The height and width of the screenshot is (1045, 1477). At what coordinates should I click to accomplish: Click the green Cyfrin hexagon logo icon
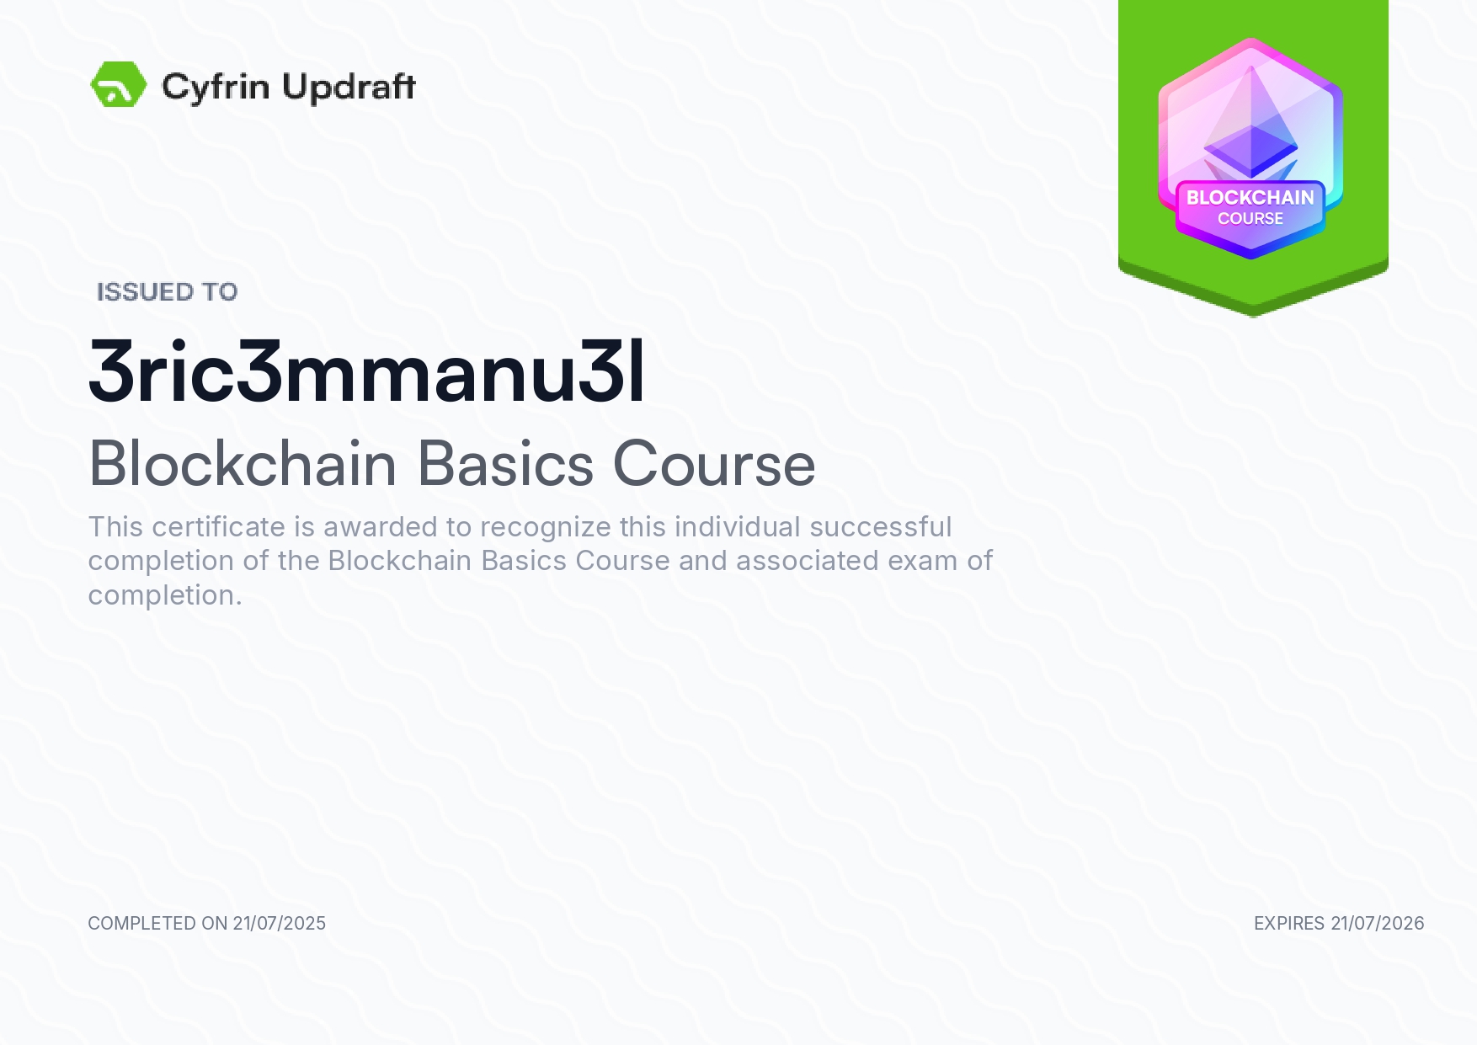(x=119, y=84)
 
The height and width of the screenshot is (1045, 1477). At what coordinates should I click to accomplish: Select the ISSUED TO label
(x=168, y=291)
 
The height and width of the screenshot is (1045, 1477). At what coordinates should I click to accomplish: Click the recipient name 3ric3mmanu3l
(x=367, y=371)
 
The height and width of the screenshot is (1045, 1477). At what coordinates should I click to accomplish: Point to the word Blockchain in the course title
(x=243, y=463)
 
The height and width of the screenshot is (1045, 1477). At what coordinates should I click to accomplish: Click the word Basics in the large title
(x=505, y=463)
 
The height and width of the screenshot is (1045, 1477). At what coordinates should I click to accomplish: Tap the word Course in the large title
(x=714, y=464)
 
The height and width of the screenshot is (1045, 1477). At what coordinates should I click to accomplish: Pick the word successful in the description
(x=881, y=527)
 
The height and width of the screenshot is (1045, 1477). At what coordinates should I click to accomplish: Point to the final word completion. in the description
(x=165, y=596)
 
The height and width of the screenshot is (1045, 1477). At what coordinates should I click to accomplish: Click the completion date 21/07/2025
(x=280, y=924)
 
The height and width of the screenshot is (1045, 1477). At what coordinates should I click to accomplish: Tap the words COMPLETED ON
(x=157, y=924)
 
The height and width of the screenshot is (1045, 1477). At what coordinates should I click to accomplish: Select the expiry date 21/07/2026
(x=1378, y=924)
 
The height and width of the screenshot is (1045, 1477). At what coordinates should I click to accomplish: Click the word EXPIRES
(x=1289, y=924)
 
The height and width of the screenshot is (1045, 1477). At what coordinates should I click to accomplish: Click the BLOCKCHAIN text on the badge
(x=1250, y=198)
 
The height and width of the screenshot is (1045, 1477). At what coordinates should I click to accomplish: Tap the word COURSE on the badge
(x=1250, y=219)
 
